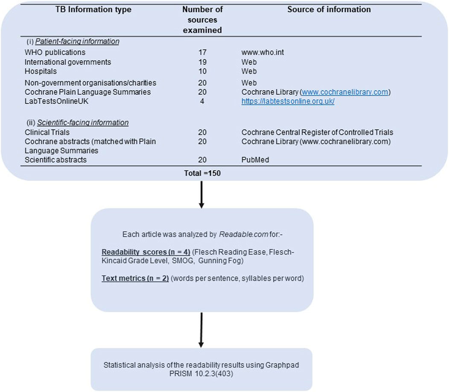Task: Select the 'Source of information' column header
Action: tap(329, 9)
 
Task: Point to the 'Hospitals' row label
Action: tap(41, 71)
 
